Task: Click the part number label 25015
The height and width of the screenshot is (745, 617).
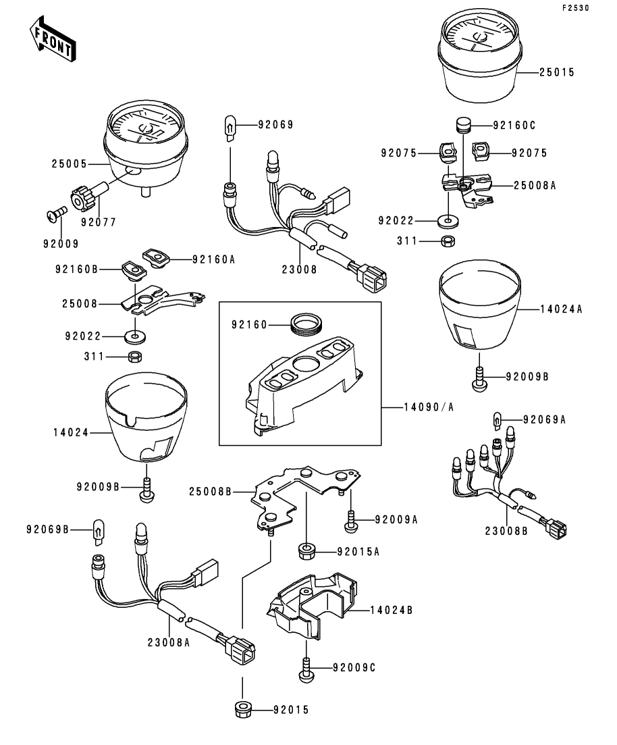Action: [x=557, y=72]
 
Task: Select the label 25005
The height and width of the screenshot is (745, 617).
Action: [x=70, y=163]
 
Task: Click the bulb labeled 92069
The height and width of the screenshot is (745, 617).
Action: [x=230, y=126]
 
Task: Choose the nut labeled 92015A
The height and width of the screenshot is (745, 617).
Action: [x=308, y=550]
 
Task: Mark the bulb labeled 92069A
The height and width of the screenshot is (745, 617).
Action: [x=500, y=419]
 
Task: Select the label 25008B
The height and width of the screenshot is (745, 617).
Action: [x=211, y=492]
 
